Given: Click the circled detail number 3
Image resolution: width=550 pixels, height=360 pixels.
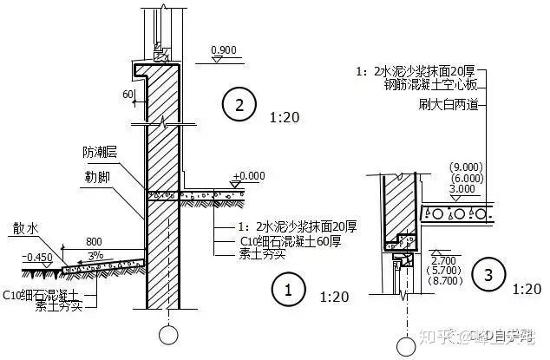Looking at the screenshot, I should click(x=489, y=276).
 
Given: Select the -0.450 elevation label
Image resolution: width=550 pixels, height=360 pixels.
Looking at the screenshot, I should click(x=37, y=256).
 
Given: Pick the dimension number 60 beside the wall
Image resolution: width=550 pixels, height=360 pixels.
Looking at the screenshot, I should click(x=127, y=94).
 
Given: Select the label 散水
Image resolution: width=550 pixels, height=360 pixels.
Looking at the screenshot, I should click(x=23, y=227).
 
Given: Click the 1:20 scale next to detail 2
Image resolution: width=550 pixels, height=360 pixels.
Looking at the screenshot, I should click(x=286, y=115).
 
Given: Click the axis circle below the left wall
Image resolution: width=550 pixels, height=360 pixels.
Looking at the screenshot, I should click(x=164, y=334).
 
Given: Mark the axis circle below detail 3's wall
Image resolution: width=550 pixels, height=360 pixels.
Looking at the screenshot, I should click(x=404, y=346).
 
